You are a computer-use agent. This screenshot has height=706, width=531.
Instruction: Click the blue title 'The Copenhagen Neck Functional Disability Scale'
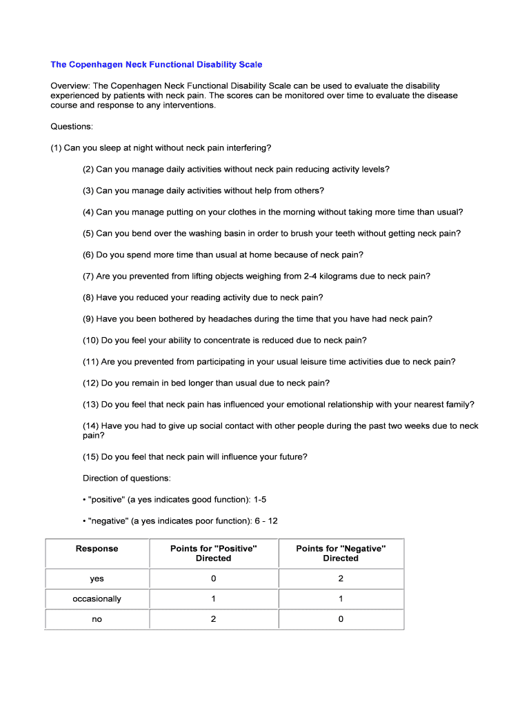point(156,65)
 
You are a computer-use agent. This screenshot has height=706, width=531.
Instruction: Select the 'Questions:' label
point(72,127)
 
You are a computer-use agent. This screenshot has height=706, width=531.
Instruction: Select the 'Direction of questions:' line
point(127,478)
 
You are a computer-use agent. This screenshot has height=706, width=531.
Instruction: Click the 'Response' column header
point(97,549)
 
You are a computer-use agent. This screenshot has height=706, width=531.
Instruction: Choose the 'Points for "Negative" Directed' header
point(341,554)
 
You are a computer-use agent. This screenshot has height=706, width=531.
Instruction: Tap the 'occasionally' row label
point(97,599)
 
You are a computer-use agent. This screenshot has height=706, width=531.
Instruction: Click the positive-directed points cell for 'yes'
point(213,579)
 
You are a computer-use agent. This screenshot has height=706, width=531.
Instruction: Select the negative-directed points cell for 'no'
point(341,619)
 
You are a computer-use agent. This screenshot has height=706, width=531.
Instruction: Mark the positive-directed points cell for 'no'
point(213,619)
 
